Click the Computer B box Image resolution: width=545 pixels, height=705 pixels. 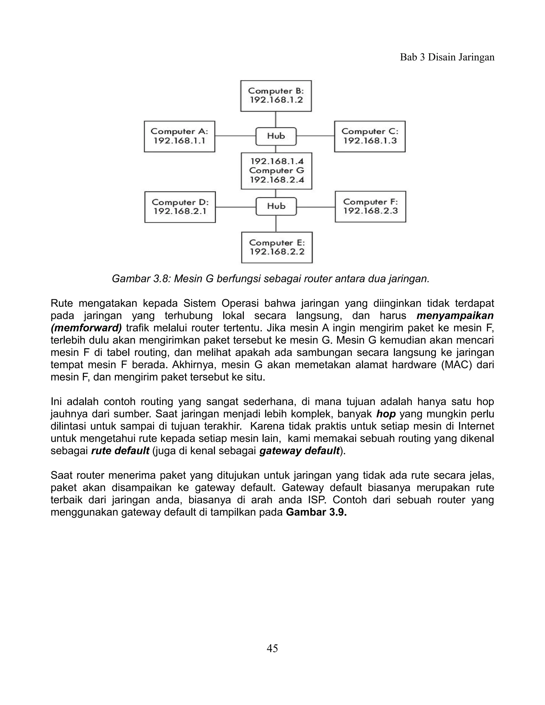tap(276, 96)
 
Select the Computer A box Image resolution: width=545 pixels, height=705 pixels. tap(180, 136)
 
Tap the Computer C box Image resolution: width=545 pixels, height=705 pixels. tap(370, 136)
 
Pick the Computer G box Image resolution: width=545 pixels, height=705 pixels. tap(276, 171)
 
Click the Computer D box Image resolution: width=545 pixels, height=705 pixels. tap(180, 207)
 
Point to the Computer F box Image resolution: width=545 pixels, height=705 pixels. tap(370, 207)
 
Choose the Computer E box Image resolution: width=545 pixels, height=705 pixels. tap(277, 247)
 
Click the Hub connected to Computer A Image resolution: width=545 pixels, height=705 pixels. tap(276, 136)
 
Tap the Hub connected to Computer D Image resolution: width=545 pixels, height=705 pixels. tap(276, 206)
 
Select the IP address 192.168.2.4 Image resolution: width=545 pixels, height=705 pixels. tap(277, 180)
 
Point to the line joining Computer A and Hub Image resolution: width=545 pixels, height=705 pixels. tap(235, 136)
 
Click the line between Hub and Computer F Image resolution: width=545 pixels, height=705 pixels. tap(315, 207)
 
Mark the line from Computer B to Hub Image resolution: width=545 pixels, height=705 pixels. tap(275, 119)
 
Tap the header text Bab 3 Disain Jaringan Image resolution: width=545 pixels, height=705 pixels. tap(447, 57)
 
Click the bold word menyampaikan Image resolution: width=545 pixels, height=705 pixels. tap(455, 315)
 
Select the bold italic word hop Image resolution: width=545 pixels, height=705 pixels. tap(386, 414)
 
